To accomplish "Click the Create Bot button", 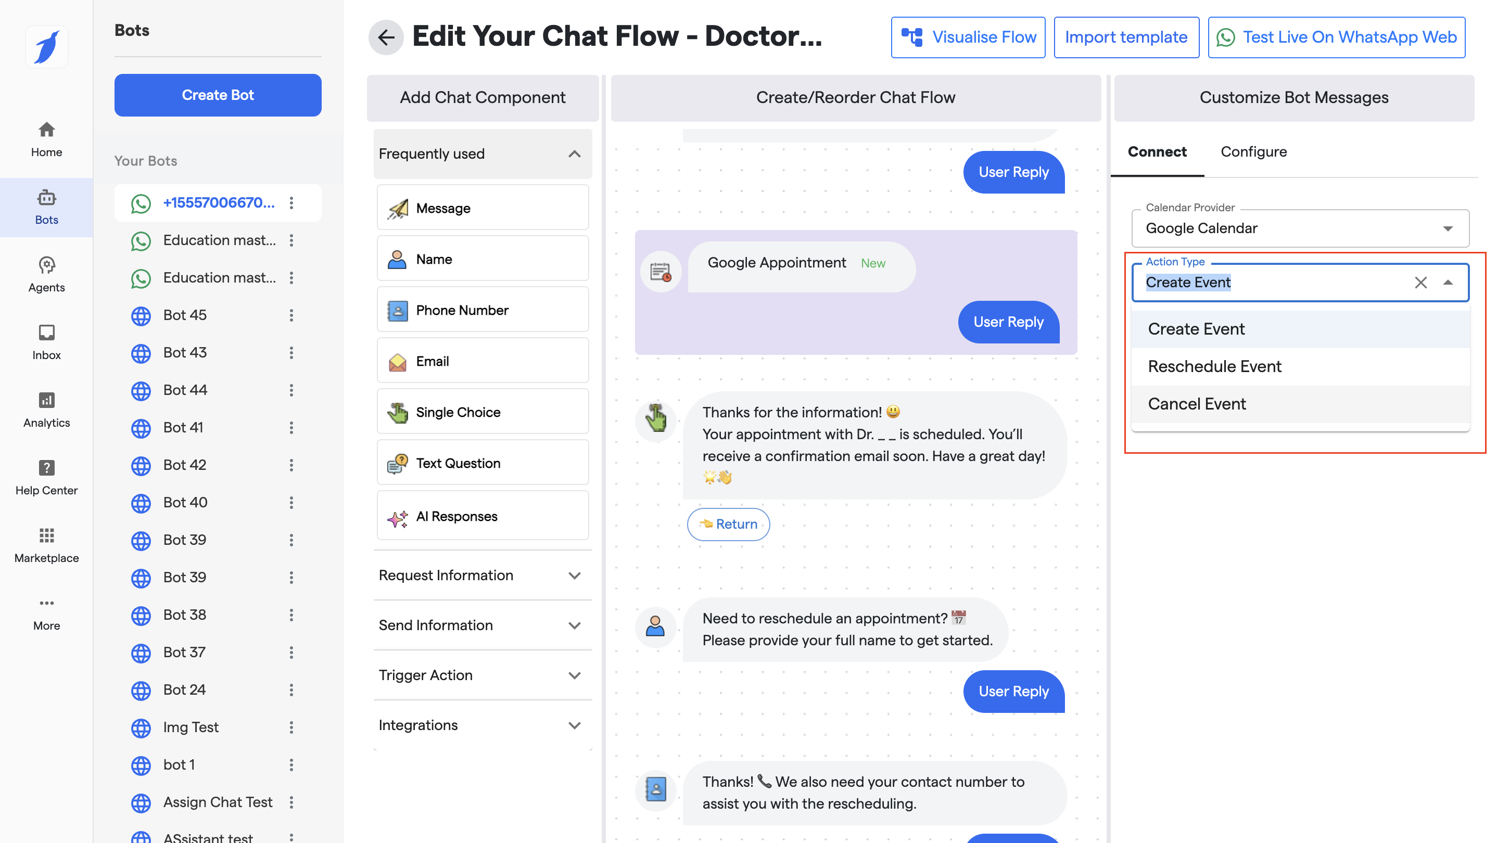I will [x=218, y=95].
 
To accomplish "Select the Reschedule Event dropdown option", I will [x=1214, y=366].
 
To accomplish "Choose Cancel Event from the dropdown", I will [x=1197, y=404].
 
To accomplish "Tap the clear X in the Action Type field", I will [x=1420, y=283].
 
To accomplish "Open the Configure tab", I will [x=1253, y=151].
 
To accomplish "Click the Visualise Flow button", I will [x=968, y=37].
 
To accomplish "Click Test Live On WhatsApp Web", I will [x=1336, y=37].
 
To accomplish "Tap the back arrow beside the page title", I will [x=386, y=37].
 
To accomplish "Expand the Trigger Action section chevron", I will [x=574, y=675].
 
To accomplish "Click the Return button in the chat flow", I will [x=728, y=524].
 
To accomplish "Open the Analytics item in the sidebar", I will [x=46, y=410].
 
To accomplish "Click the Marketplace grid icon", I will [x=46, y=535].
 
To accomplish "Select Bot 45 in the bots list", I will [x=185, y=315].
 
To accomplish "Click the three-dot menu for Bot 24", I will [x=291, y=689].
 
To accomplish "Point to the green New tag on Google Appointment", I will [x=873, y=263].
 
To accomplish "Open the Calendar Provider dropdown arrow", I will [x=1448, y=228].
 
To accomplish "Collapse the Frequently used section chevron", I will [x=574, y=154].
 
